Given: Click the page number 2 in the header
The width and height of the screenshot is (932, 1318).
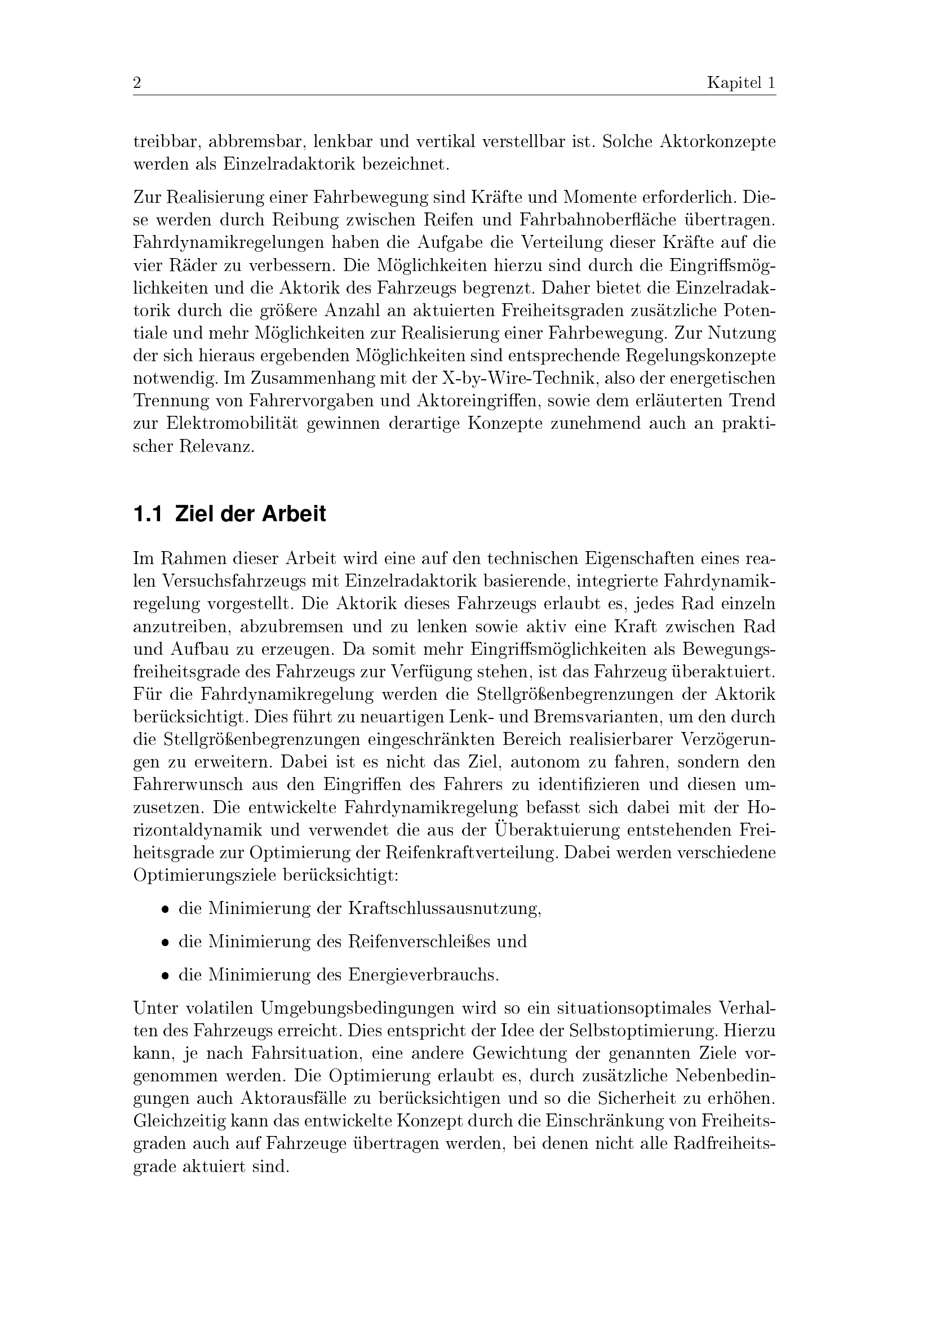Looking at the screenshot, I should pos(137,84).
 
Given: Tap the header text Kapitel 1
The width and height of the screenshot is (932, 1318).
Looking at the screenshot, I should pos(741,84).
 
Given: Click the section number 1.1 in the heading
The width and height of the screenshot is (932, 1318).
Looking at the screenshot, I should pos(148,514).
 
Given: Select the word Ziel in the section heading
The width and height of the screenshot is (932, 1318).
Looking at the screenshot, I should pos(193,514).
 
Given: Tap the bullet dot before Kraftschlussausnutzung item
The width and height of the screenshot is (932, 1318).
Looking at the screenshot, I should pos(165,910).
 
